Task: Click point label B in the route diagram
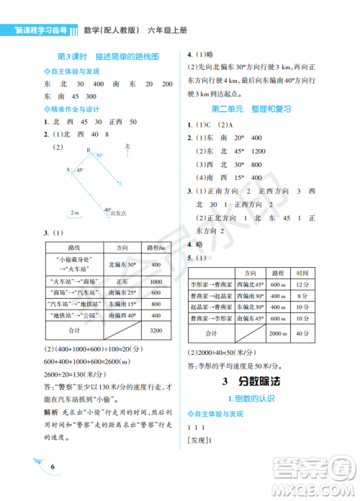[88, 150]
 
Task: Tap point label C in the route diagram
[121, 184]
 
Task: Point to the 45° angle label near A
[81, 170]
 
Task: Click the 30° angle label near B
[99, 155]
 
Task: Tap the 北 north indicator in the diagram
[127, 146]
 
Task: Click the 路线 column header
[73, 247]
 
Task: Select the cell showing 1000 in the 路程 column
[155, 281]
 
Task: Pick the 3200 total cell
[155, 330]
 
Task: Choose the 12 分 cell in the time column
[303, 285]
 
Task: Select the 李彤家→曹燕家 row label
[211, 285]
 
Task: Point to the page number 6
[53, 468]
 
